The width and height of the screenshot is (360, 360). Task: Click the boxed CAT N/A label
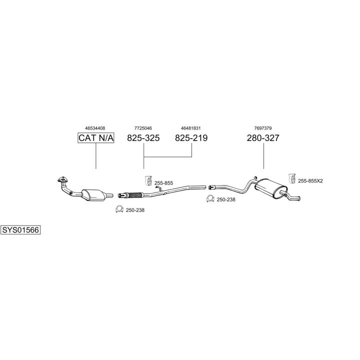[x=96, y=138]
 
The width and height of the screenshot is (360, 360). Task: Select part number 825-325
[x=143, y=138]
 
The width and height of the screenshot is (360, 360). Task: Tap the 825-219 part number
[x=191, y=138]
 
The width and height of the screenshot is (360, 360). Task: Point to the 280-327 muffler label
[x=263, y=138]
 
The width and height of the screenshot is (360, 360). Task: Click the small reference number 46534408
[x=95, y=128]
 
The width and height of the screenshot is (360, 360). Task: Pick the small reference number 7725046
[x=143, y=128]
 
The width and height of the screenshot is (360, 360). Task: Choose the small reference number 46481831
[x=191, y=128]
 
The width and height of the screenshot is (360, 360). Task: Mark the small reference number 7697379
[x=263, y=128]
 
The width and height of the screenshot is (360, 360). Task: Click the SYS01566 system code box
[x=20, y=230]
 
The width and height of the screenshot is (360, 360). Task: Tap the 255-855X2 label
[x=310, y=181]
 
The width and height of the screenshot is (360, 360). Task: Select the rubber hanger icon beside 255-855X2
[x=292, y=178]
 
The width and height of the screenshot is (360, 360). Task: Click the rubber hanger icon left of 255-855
[x=148, y=180]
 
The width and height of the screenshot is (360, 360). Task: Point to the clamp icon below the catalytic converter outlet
[x=119, y=209]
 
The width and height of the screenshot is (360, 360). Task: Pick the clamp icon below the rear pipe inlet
[x=210, y=199]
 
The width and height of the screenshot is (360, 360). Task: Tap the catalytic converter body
[x=93, y=194]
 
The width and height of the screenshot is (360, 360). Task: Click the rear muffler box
[x=271, y=188]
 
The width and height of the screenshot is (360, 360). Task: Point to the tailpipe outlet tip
[x=299, y=198]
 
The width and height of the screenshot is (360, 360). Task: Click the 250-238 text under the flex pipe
[x=135, y=210]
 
